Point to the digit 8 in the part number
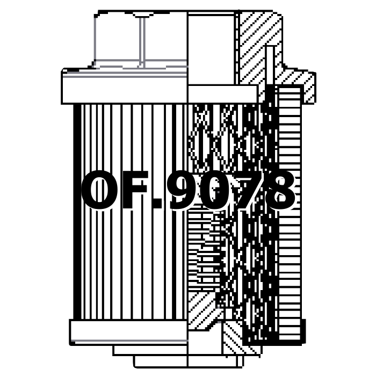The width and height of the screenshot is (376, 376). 279,190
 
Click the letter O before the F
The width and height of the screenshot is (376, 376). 100,190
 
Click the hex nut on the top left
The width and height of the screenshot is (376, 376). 141,40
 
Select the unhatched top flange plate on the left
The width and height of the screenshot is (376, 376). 125,86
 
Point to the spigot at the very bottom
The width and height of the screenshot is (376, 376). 161,361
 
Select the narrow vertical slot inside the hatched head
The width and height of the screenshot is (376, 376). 270,65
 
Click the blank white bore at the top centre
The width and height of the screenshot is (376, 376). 211,49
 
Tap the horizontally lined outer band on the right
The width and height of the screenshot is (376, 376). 290,213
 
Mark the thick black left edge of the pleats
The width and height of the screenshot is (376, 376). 77,212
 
